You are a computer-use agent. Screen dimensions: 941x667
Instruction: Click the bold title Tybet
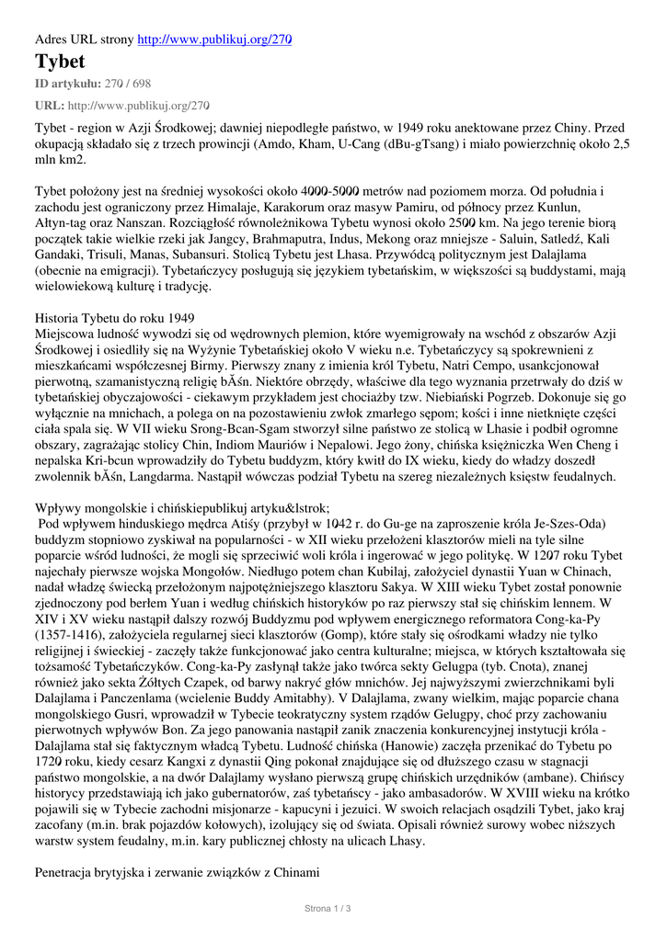click(x=60, y=62)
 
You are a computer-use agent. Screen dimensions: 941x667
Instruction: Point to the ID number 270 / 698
click(x=129, y=84)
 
